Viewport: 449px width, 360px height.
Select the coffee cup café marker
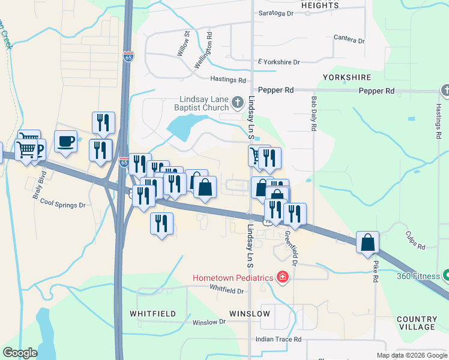click(x=65, y=142)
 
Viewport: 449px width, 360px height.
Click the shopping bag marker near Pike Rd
click(x=367, y=242)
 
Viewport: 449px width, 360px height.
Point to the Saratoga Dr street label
click(x=276, y=13)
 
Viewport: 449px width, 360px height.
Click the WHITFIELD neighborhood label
click(x=153, y=314)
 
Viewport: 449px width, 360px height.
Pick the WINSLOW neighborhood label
click(x=249, y=314)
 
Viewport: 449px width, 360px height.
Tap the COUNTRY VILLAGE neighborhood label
click(x=416, y=323)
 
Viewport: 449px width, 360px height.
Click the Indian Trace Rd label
click(x=278, y=339)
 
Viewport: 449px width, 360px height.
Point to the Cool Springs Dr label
click(x=63, y=205)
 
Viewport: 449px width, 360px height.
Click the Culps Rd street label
click(x=415, y=241)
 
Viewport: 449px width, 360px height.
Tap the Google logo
click(x=20, y=353)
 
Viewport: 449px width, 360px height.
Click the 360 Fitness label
click(x=418, y=277)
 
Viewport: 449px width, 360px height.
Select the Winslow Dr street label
click(x=208, y=322)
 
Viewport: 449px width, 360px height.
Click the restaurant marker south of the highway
click(x=161, y=224)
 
